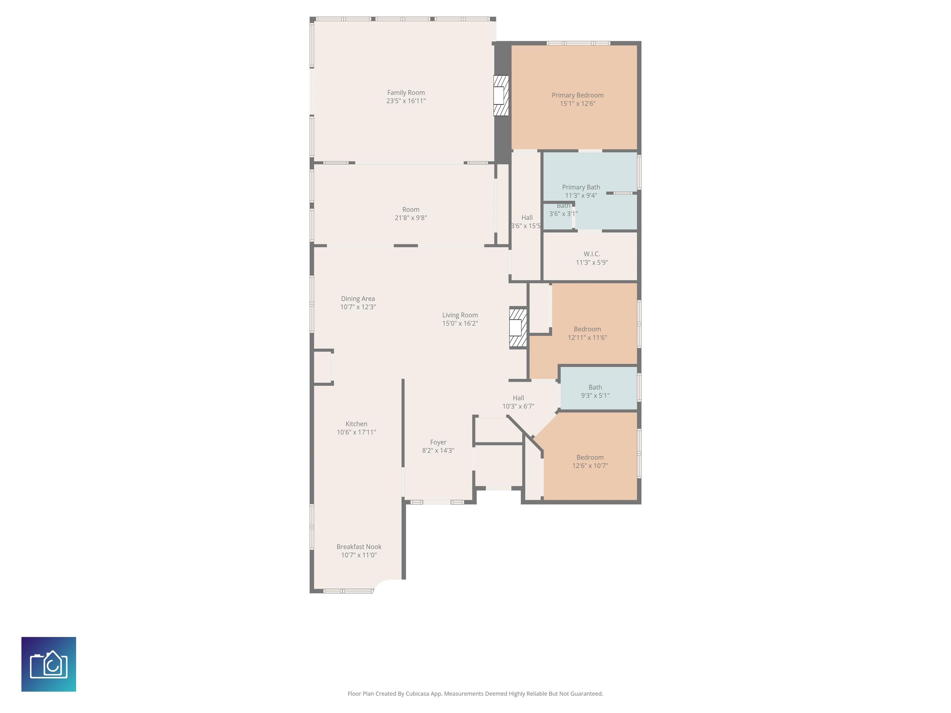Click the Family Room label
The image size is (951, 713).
click(406, 93)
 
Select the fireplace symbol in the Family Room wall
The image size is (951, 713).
click(501, 95)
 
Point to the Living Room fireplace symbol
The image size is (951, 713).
click(518, 327)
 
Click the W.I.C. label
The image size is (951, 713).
click(592, 254)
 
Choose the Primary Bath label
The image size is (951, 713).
click(581, 187)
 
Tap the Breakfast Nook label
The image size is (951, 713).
click(359, 547)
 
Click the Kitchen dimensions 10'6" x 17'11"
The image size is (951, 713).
click(356, 432)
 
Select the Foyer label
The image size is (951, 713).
click(438, 442)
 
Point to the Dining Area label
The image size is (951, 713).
click(358, 299)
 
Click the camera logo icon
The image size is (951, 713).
click(49, 664)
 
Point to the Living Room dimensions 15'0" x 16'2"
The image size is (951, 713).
click(460, 323)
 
